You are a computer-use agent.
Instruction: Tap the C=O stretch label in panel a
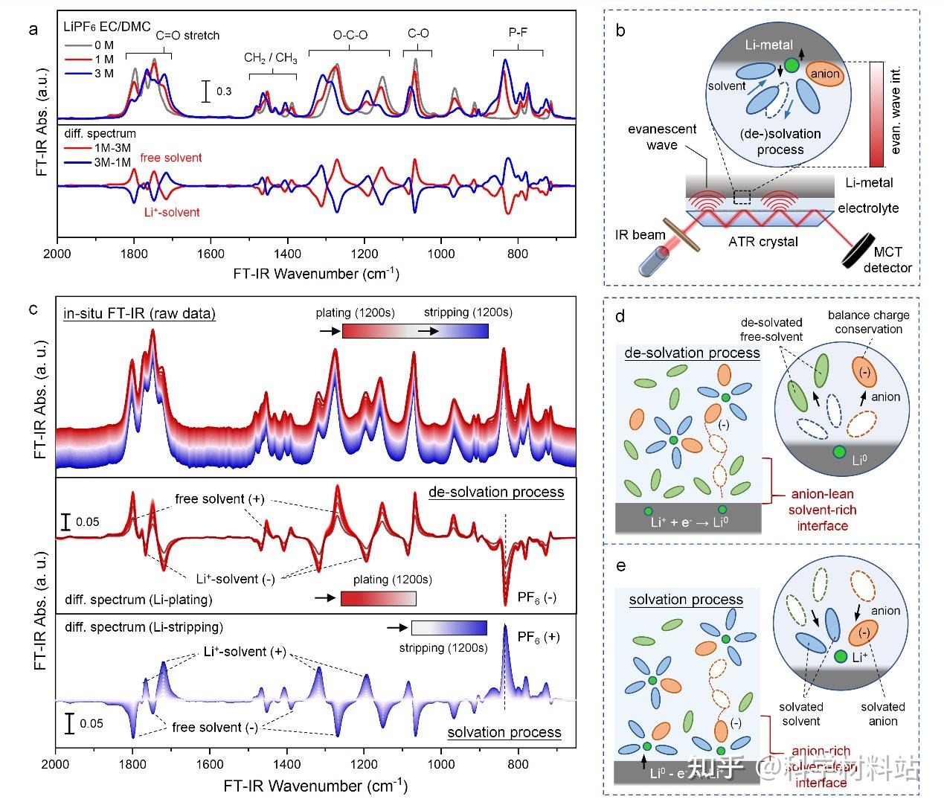[x=187, y=35]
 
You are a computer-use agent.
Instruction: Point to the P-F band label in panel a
[x=518, y=32]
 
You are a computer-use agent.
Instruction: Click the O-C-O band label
[x=350, y=35]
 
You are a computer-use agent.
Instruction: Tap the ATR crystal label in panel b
[x=763, y=241]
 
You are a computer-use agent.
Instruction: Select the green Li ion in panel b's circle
[x=791, y=65]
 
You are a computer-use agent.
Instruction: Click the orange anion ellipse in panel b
[x=825, y=73]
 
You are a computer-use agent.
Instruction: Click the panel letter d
[x=620, y=316]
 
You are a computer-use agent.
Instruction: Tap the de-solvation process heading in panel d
[x=692, y=353]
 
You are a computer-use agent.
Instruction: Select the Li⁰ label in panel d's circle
[x=859, y=460]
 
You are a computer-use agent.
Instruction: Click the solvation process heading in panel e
[x=686, y=599]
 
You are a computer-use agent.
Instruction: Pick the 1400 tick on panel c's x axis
[x=287, y=764]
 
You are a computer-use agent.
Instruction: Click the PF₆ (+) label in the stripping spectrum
[x=539, y=637]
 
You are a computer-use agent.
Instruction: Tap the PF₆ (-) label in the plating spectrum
[x=536, y=597]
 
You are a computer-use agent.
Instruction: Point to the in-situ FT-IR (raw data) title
[x=140, y=313]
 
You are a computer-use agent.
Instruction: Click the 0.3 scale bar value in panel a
[x=224, y=92]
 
